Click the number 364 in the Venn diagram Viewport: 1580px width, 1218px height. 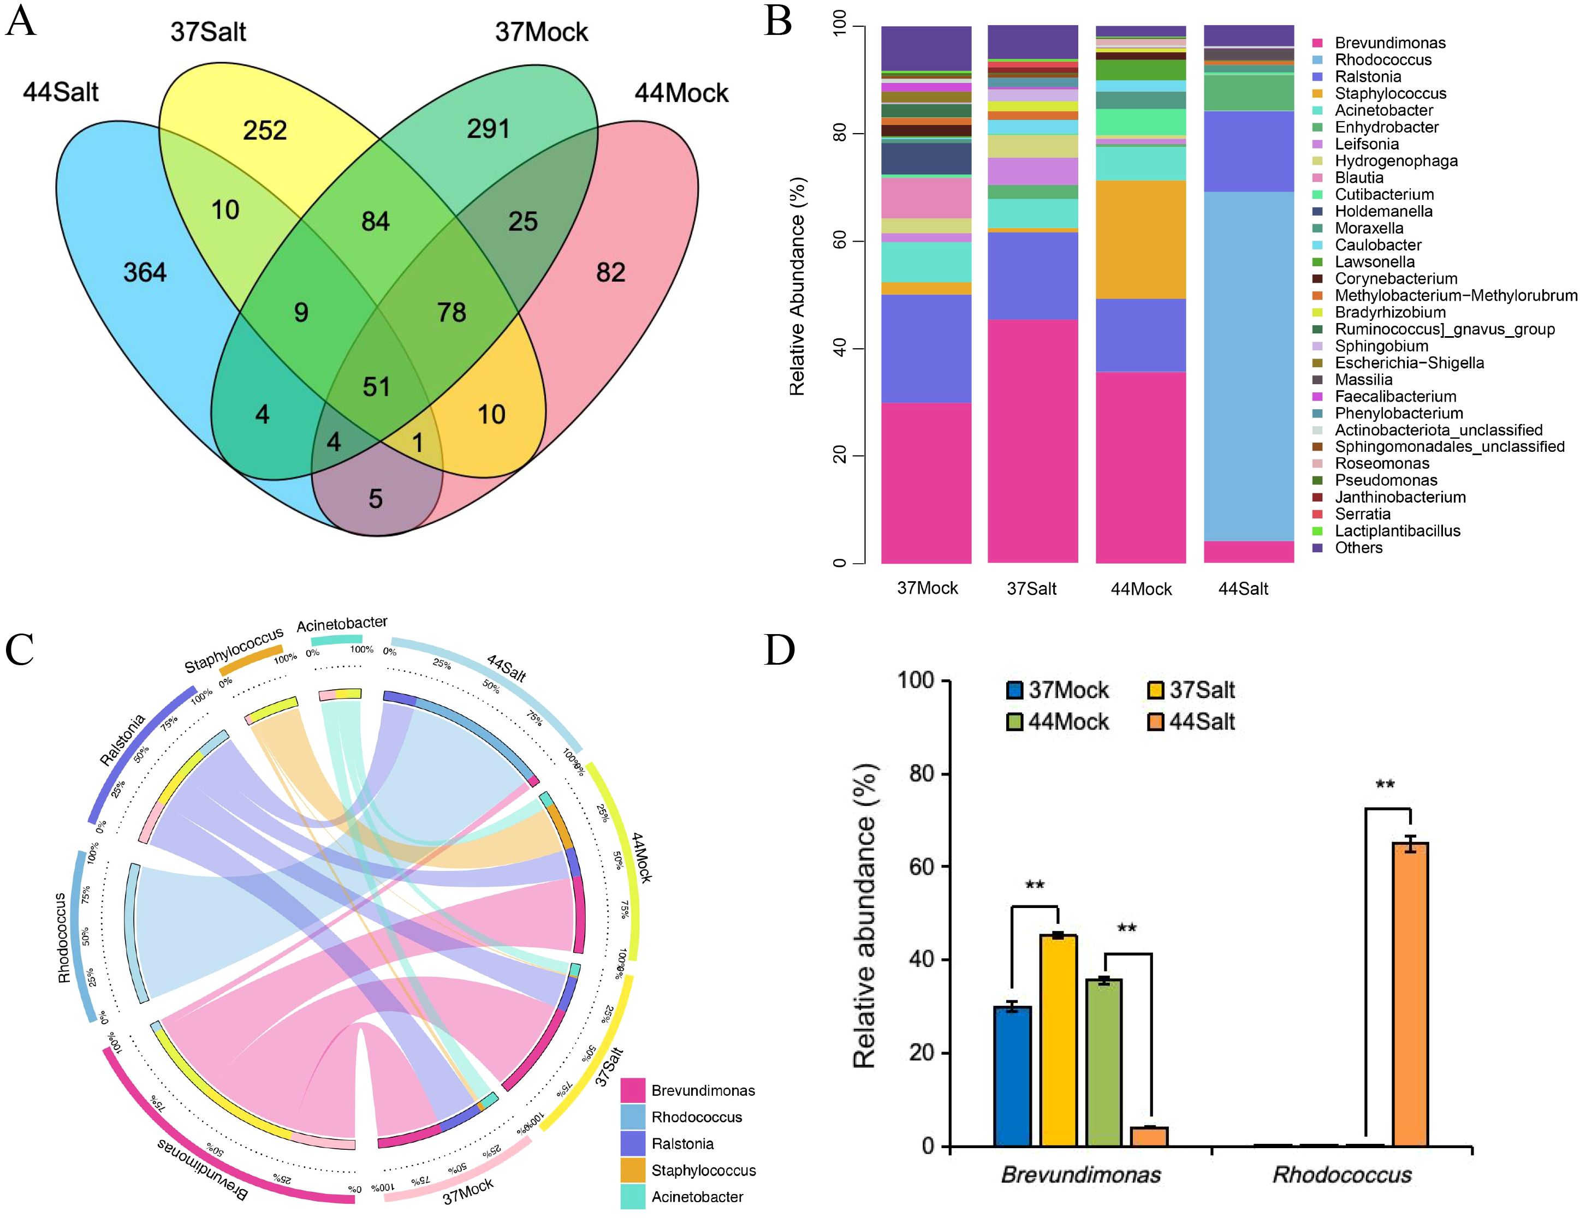pyautogui.click(x=145, y=273)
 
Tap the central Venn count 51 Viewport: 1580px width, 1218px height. pyautogui.click(x=376, y=386)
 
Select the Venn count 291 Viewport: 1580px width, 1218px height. pyautogui.click(x=488, y=129)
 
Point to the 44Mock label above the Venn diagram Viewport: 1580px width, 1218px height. pyautogui.click(x=681, y=93)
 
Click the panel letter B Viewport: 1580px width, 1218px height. pyautogui.click(x=779, y=22)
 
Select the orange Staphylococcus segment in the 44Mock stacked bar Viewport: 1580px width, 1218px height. pyautogui.click(x=1141, y=238)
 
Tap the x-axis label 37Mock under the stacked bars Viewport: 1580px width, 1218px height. pyautogui.click(x=926, y=589)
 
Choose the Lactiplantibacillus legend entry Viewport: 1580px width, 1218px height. pyautogui.click(x=1397, y=531)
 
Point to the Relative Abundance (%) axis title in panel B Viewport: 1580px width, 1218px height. pyautogui.click(x=797, y=286)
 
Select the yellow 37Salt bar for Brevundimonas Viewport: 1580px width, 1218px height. pyautogui.click(x=1059, y=1042)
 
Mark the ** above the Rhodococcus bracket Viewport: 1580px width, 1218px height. pyautogui.click(x=1385, y=785)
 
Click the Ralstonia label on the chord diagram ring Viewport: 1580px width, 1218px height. pyautogui.click(x=122, y=739)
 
